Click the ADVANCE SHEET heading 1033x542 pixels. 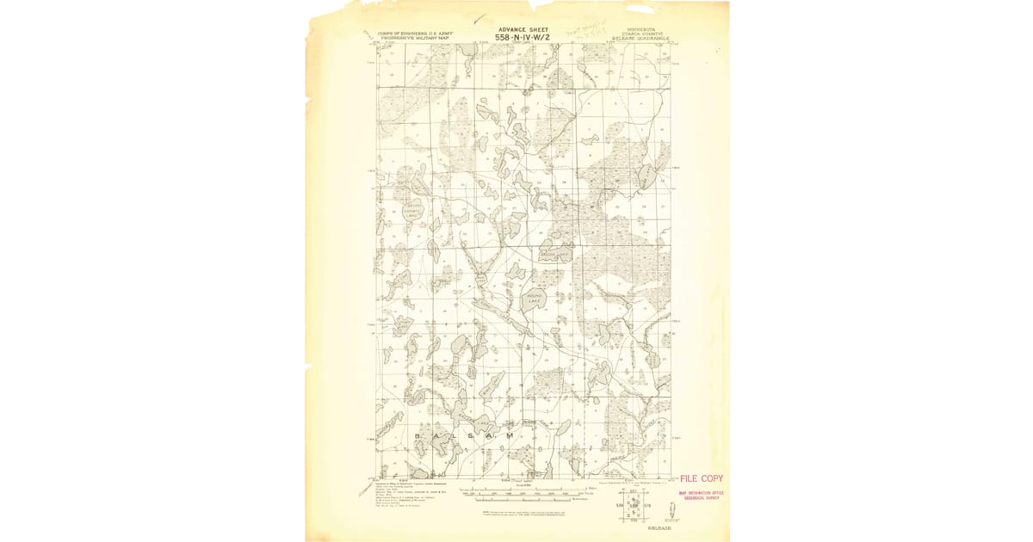(523, 29)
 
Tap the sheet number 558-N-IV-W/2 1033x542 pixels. (523, 37)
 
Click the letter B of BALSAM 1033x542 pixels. (419, 436)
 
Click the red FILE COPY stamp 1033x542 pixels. (702, 478)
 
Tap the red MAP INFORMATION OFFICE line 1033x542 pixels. (702, 493)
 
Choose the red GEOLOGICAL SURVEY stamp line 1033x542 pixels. (702, 498)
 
